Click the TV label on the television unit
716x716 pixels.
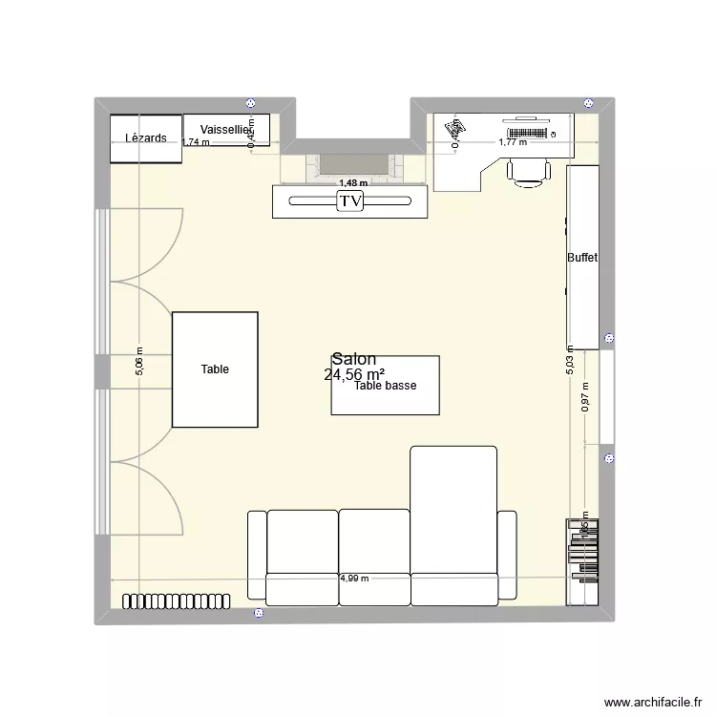click(350, 201)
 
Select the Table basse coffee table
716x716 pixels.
click(385, 386)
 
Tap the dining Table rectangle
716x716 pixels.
click(215, 369)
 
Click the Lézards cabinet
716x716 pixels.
click(145, 138)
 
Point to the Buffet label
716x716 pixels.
click(582, 258)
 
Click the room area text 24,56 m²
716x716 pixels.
click(355, 375)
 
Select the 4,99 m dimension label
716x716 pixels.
click(354, 579)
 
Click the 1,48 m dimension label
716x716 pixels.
click(352, 183)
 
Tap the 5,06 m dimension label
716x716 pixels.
click(139, 362)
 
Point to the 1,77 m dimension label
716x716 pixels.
click(513, 143)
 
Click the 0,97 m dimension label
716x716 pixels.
click(585, 397)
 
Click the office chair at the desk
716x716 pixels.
click(528, 170)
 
